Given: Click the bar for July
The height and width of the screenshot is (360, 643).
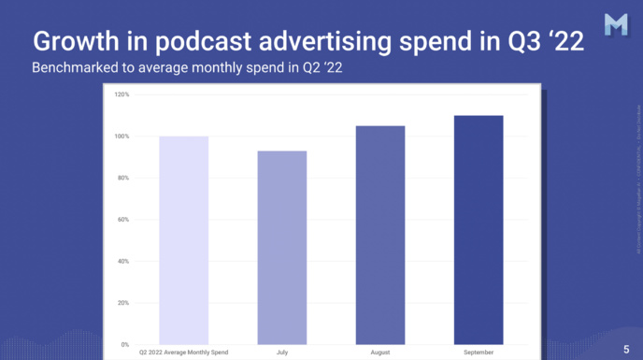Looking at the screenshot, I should click(282, 248).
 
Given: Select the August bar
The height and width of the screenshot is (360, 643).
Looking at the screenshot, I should click(380, 235).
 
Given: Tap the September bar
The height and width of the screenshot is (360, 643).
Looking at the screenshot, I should click(479, 230).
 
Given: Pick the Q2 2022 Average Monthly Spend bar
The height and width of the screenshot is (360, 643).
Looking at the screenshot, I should click(184, 240).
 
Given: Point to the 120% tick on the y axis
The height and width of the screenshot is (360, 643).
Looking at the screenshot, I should click(121, 94).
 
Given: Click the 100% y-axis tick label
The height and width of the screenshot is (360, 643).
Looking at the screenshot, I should click(121, 137).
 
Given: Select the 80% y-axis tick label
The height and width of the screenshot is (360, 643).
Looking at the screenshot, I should click(122, 178).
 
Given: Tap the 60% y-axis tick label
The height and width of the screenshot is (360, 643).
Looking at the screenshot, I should click(122, 220).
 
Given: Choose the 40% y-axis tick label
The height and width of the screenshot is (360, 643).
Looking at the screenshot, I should click(122, 261).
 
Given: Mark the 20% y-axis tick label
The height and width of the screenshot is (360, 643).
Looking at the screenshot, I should click(122, 303).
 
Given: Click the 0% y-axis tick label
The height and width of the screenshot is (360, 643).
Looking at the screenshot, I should click(124, 345).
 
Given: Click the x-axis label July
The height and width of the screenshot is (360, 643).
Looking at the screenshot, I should click(282, 353).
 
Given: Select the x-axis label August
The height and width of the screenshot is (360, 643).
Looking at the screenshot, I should click(380, 353).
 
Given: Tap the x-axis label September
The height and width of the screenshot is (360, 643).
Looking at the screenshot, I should click(479, 353).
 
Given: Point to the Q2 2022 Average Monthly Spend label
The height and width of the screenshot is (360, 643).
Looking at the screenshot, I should click(184, 353).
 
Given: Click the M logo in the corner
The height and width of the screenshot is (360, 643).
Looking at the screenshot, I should click(616, 26).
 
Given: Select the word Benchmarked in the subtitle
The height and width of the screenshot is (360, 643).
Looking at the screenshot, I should click(72, 69).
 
